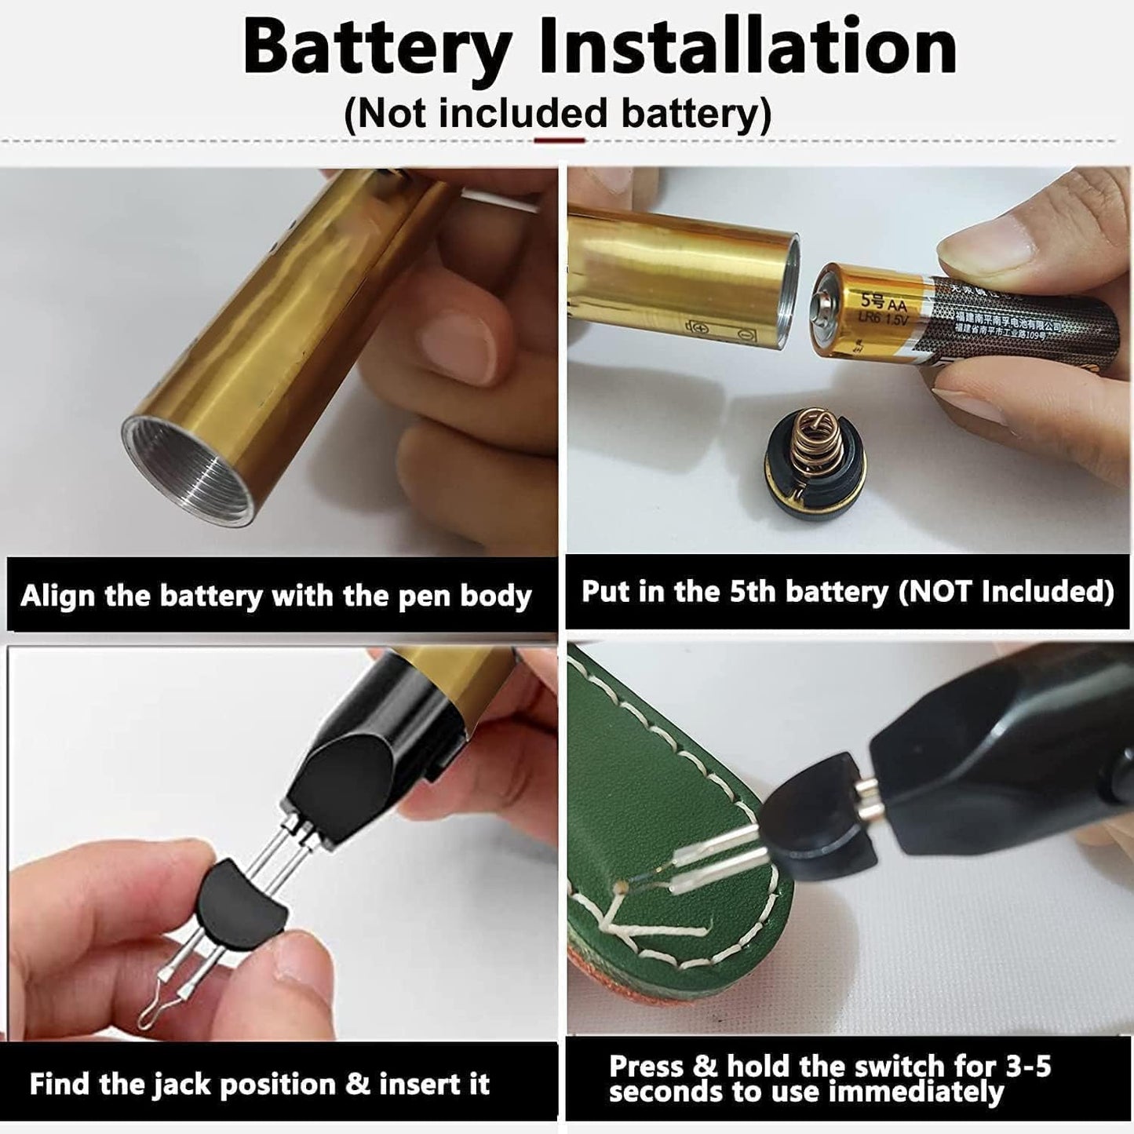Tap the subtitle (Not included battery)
[558, 114]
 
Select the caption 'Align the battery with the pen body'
[276, 596]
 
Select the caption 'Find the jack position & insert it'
[260, 1085]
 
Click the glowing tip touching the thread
[622, 887]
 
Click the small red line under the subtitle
[559, 140]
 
